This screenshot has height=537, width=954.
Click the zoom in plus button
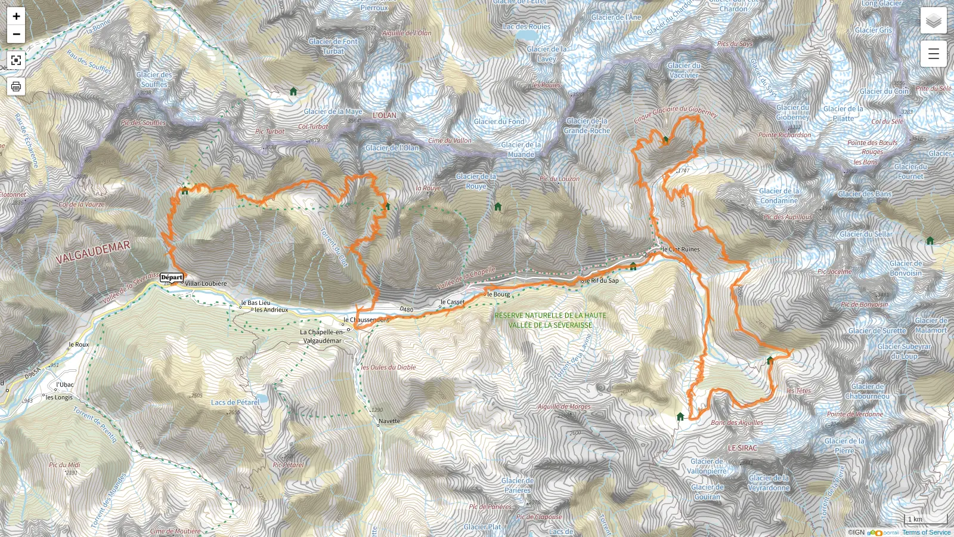(x=16, y=16)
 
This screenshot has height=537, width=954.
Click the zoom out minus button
(x=16, y=34)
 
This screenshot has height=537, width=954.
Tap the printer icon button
(x=16, y=87)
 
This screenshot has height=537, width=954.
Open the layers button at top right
(x=933, y=21)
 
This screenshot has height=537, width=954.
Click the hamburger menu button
(x=933, y=54)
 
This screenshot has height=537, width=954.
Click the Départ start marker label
(x=171, y=277)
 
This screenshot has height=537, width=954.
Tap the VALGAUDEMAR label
(x=93, y=252)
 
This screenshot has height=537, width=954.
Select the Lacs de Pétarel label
(x=235, y=403)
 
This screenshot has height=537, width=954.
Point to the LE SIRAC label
(x=742, y=448)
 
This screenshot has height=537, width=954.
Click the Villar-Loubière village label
(x=206, y=284)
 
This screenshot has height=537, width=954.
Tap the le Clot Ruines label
(x=681, y=249)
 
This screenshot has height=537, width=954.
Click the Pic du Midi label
(x=64, y=465)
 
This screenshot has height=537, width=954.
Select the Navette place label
(x=389, y=421)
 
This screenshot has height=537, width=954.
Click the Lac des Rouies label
(x=526, y=27)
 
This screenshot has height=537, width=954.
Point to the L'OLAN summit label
(x=384, y=115)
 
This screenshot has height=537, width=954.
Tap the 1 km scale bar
(x=925, y=519)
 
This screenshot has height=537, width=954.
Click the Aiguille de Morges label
(x=563, y=407)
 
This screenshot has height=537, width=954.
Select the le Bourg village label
(x=498, y=294)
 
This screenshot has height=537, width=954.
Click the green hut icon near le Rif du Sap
(x=633, y=267)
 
